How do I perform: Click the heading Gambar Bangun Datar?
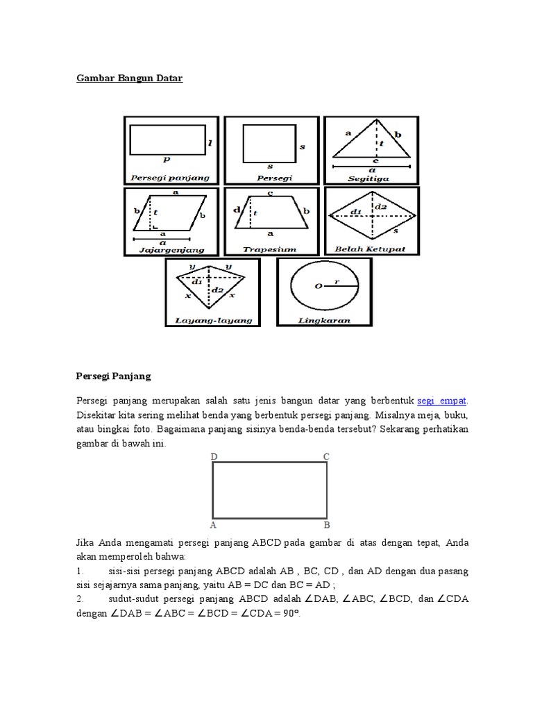tap(129, 78)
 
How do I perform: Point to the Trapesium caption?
tap(270, 248)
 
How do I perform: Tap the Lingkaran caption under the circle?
tap(324, 321)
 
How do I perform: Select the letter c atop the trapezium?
tap(270, 192)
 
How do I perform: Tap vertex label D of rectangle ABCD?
tap(214, 456)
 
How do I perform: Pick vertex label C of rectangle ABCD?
tap(326, 456)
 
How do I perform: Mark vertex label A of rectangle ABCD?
tap(214, 525)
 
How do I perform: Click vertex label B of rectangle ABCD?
tap(326, 525)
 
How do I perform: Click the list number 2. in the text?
tap(80, 598)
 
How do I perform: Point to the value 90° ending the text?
tap(291, 614)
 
